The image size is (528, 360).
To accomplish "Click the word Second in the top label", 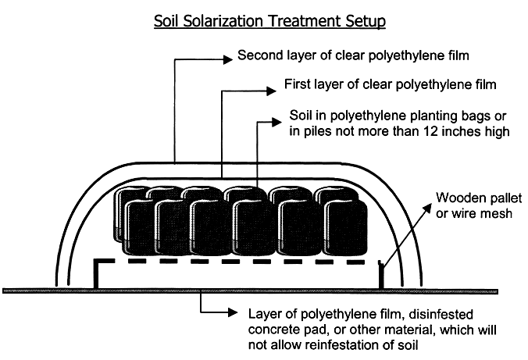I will point(260,56).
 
